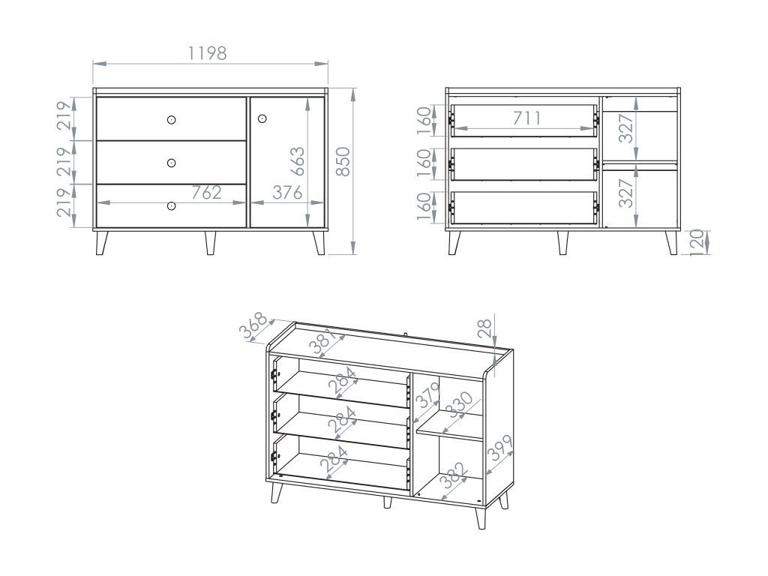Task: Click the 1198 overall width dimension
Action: (208, 53)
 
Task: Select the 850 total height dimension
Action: (343, 161)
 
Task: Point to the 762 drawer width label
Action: (206, 193)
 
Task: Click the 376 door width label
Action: (287, 193)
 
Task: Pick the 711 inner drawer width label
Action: (527, 118)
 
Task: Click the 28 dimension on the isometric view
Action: (484, 328)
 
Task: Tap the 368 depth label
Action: (253, 325)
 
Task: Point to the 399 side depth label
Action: (500, 448)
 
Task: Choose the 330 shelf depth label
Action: (460, 404)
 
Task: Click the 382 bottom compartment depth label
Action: (452, 475)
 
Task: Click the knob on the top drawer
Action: (171, 119)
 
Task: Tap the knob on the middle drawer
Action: (171, 163)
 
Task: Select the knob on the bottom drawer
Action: (171, 206)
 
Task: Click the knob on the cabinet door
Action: (262, 118)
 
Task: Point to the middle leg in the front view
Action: (210, 242)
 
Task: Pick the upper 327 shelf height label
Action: (626, 127)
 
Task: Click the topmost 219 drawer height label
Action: (64, 115)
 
